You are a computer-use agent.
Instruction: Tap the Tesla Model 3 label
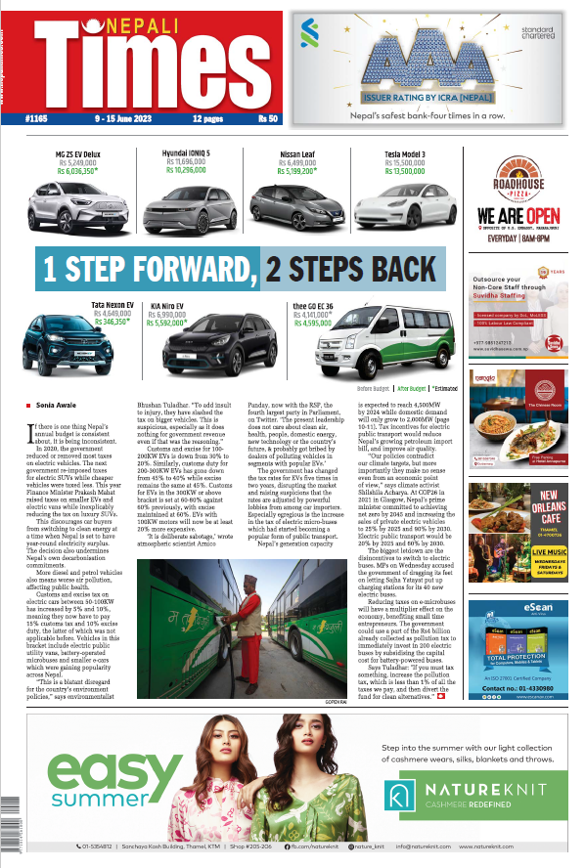tap(404, 153)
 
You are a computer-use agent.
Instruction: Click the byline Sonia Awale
tap(58, 404)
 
